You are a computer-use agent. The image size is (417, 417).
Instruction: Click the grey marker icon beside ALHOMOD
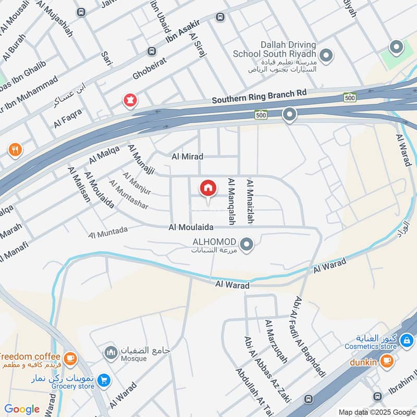tap(248, 243)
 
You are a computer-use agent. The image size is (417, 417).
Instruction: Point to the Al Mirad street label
tap(188, 156)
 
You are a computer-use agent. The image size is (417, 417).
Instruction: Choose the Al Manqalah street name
tap(230, 201)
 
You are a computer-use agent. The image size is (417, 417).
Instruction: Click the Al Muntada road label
tap(108, 232)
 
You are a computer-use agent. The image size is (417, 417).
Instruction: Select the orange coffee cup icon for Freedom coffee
tap(70, 359)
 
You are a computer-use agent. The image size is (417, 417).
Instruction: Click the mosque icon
tap(110, 353)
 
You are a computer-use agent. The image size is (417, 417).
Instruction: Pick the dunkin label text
tap(363, 360)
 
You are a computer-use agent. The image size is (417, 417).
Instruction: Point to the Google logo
tap(22, 409)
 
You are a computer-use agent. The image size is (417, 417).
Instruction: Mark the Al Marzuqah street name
tap(276, 342)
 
